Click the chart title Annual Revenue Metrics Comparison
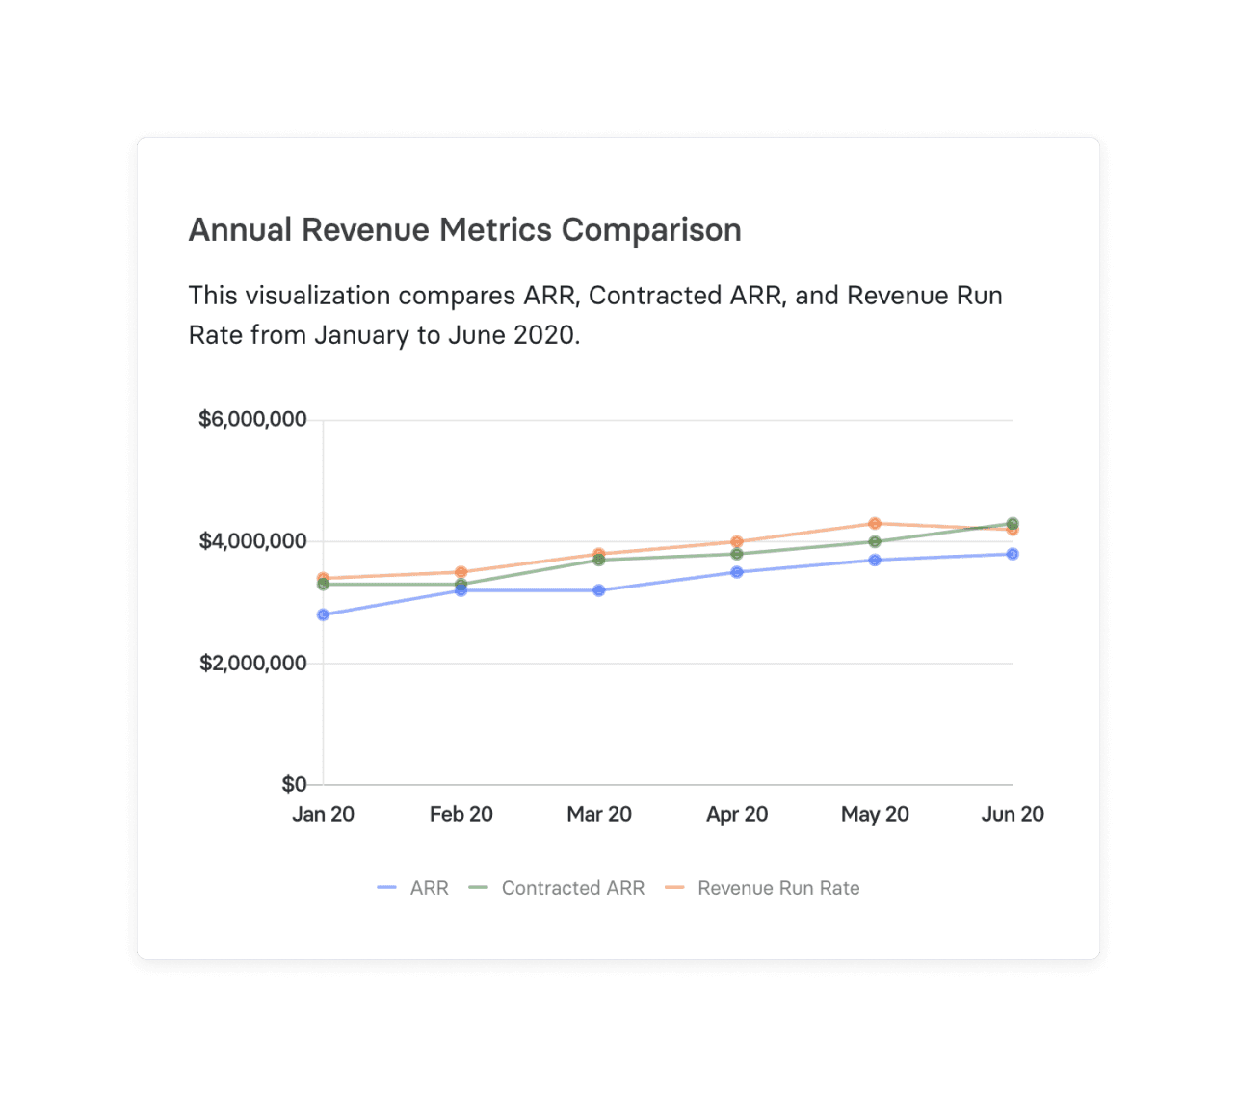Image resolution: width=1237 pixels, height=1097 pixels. (464, 230)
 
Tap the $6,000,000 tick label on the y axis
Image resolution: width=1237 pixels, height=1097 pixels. (252, 419)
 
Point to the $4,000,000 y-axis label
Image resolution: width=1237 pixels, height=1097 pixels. (252, 541)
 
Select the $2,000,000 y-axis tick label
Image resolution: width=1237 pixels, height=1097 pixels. (252, 663)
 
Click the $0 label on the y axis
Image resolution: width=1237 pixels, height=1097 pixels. (294, 784)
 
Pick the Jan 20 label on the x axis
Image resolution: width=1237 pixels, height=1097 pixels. (323, 814)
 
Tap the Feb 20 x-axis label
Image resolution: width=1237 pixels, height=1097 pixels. (461, 814)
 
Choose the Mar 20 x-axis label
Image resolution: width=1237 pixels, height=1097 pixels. (599, 814)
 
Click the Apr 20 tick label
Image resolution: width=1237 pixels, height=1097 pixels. (737, 814)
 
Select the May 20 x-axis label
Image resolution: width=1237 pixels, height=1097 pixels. (875, 814)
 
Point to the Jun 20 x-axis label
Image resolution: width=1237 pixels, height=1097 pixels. (1013, 814)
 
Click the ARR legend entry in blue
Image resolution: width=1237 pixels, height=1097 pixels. (414, 888)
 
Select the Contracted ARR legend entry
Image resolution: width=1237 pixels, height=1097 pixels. (558, 888)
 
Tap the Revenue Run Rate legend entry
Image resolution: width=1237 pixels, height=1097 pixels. (763, 888)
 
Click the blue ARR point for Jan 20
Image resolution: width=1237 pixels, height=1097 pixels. (323, 614)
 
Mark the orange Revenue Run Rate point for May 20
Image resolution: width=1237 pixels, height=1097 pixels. (875, 523)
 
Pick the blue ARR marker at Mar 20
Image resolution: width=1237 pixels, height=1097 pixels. (599, 590)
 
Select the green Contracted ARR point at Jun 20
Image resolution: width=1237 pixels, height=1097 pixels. (1013, 523)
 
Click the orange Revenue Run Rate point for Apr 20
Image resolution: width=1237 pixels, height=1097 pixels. (737, 541)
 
